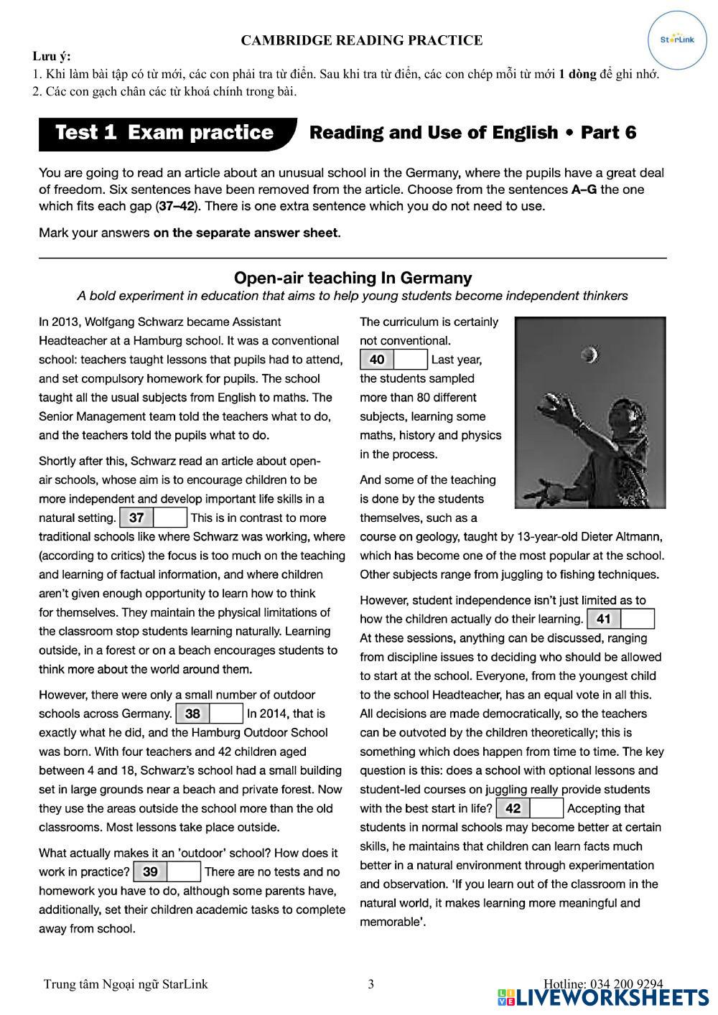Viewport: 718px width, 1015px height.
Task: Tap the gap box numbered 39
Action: pyautogui.click(x=167, y=872)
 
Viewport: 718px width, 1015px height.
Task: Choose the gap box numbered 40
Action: pyautogui.click(x=393, y=360)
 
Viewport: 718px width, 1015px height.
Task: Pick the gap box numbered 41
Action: pyautogui.click(x=620, y=619)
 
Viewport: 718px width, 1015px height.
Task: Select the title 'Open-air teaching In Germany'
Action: pyautogui.click(x=353, y=278)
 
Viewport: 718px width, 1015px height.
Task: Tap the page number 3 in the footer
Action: pyautogui.click(x=370, y=984)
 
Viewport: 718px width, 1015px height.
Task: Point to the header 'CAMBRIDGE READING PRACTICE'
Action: pyautogui.click(x=361, y=41)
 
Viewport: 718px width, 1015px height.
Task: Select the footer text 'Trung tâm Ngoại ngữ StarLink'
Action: pyautogui.click(x=126, y=984)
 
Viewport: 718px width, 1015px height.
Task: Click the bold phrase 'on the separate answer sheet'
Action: pyautogui.click(x=246, y=233)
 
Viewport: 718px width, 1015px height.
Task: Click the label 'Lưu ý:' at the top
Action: pyautogui.click(x=52, y=57)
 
